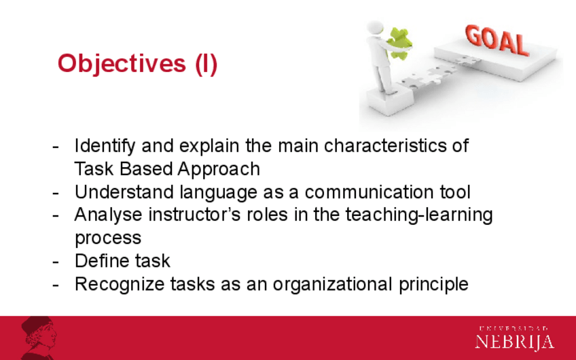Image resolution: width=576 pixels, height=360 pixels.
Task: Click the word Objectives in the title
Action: pyautogui.click(x=122, y=65)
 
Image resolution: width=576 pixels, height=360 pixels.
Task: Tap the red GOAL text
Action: pyautogui.click(x=497, y=40)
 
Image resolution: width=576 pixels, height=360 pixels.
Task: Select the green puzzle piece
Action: pyautogui.click(x=399, y=43)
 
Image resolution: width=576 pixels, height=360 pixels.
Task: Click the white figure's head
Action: pyautogui.click(x=375, y=28)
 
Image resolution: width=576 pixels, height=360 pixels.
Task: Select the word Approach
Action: pyautogui.click(x=219, y=170)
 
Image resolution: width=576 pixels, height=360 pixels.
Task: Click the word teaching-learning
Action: pyautogui.click(x=419, y=215)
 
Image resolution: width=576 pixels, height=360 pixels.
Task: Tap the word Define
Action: pyautogui.click(x=102, y=261)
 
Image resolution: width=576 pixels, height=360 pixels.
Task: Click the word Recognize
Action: pyautogui.click(x=120, y=285)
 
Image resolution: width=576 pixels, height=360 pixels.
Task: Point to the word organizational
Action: pyautogui.click(x=332, y=285)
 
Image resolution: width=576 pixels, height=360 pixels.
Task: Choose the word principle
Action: pyautogui.click(x=433, y=285)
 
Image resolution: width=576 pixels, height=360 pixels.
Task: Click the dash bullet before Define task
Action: pyautogui.click(x=56, y=262)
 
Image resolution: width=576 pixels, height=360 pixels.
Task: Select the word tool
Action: pyautogui.click(x=455, y=192)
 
